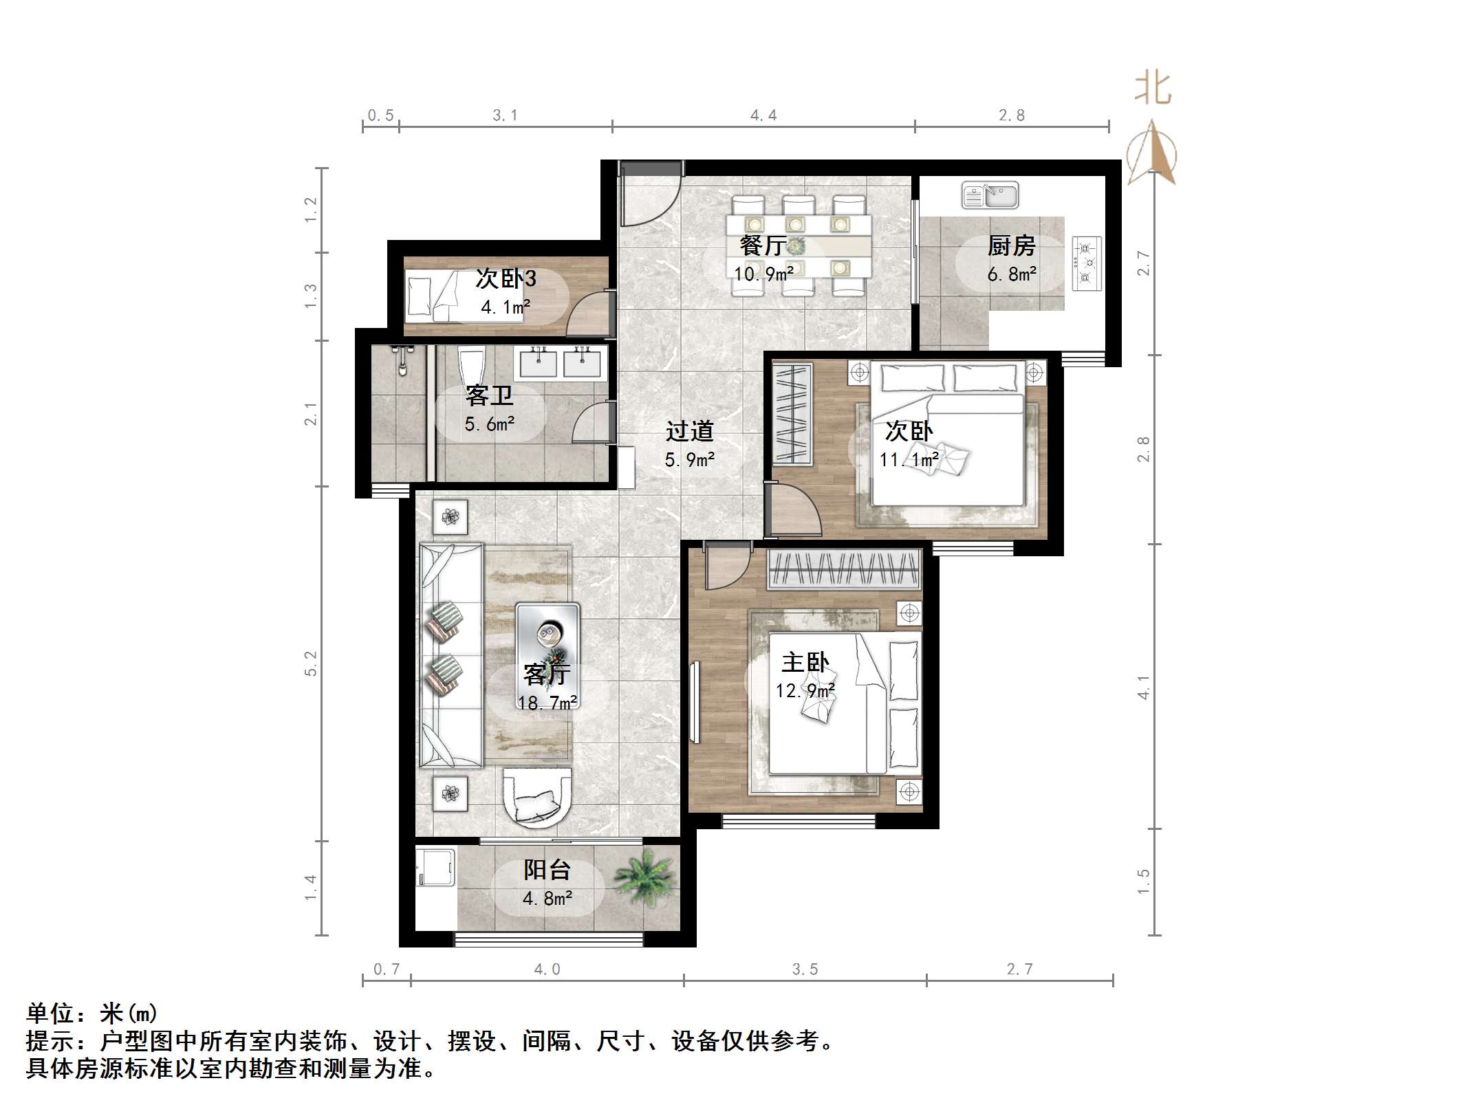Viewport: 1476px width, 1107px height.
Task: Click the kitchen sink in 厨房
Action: pyautogui.click(x=990, y=196)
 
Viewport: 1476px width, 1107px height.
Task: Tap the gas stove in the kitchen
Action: pyautogui.click(x=1087, y=262)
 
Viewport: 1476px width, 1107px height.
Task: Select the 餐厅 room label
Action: pyautogui.click(x=763, y=245)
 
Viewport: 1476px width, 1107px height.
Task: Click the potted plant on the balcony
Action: pyautogui.click(x=644, y=877)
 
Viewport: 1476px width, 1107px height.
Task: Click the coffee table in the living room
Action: pyautogui.click(x=548, y=643)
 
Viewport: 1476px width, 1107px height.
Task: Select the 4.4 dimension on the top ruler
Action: pyautogui.click(x=763, y=116)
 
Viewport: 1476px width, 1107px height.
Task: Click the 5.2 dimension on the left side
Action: pyautogui.click(x=311, y=664)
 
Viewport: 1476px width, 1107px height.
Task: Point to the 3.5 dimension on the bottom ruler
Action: pyautogui.click(x=805, y=969)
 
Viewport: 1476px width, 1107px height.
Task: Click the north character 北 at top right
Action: pyautogui.click(x=1153, y=89)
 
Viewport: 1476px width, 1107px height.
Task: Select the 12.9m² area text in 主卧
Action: pyautogui.click(x=805, y=690)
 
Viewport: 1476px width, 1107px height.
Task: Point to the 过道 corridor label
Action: pyautogui.click(x=689, y=432)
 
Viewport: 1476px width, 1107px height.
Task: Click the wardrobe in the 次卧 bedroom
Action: pyautogui.click(x=792, y=413)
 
